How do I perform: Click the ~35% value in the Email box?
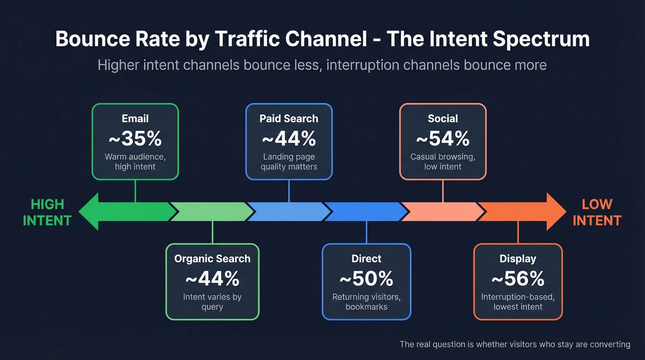click(135, 139)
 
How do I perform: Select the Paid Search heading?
click(289, 118)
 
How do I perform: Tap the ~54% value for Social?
click(443, 139)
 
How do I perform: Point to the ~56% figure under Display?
click(518, 279)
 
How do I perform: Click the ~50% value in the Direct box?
click(366, 279)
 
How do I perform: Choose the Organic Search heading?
click(212, 259)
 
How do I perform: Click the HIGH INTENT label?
click(47, 212)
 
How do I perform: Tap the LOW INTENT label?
click(597, 212)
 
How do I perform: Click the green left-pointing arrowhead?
click(90, 212)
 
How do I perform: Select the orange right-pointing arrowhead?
click(555, 212)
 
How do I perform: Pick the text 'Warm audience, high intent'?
click(135, 162)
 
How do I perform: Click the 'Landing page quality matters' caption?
click(289, 162)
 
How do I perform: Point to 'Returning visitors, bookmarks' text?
click(366, 302)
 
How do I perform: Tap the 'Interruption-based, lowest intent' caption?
click(518, 302)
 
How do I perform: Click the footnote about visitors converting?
click(515, 344)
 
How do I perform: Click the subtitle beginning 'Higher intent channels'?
click(322, 65)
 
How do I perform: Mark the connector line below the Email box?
click(135, 191)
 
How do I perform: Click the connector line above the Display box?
click(518, 232)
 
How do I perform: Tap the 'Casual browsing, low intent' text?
click(443, 162)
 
